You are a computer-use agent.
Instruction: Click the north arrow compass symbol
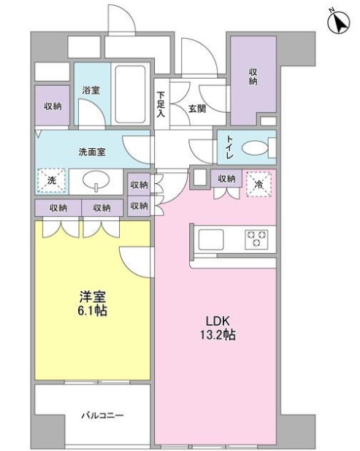coord(339,22)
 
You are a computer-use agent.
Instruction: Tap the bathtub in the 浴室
coord(130,94)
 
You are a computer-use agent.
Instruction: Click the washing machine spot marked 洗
coord(52,181)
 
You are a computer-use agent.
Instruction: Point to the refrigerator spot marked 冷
coord(258,185)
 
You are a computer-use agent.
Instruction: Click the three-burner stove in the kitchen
coord(256,239)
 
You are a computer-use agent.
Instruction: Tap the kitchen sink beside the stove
coord(211,239)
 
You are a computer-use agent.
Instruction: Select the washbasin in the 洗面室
coord(96,181)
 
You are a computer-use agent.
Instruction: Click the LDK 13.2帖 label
coord(218,328)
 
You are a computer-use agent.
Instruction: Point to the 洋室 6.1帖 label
coord(93,304)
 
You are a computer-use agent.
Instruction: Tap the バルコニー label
coord(102,415)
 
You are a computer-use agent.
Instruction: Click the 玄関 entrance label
coord(197,109)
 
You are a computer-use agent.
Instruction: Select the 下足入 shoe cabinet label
coord(161,104)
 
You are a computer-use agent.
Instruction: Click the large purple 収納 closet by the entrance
coord(253,81)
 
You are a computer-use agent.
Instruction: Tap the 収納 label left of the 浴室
coord(53,106)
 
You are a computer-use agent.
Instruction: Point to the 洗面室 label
coord(92,152)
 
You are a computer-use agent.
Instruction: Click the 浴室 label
coord(91,90)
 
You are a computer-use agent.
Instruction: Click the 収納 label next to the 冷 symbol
coord(226,179)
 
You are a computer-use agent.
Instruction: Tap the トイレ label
coord(230,147)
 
